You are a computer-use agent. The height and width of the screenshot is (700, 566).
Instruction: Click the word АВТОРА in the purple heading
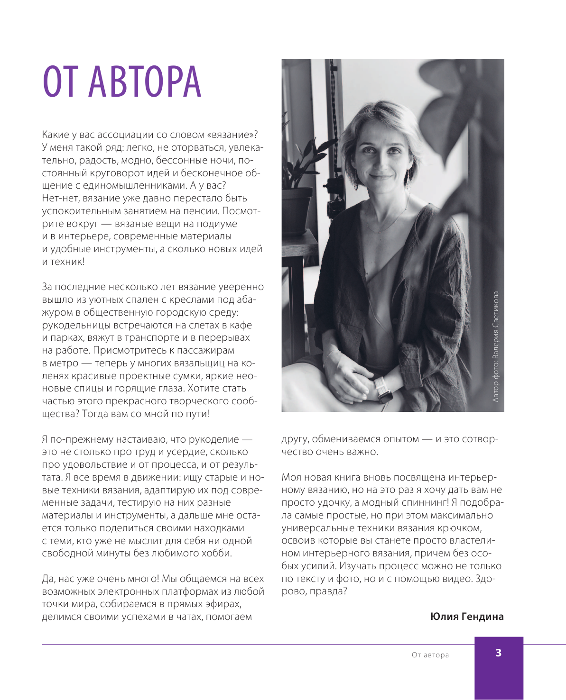[x=145, y=82]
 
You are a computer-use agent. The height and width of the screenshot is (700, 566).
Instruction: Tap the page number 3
[x=498, y=653]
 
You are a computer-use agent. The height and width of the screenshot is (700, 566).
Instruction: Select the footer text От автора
[x=430, y=655]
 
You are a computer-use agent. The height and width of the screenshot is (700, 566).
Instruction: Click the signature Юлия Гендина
[x=467, y=617]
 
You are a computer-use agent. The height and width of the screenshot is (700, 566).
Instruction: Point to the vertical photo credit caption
[x=496, y=346]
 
